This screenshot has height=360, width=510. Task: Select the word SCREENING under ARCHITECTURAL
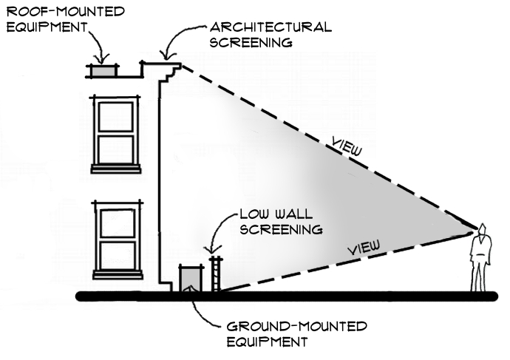coord(252,42)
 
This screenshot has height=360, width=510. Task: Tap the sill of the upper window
coord(115,169)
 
